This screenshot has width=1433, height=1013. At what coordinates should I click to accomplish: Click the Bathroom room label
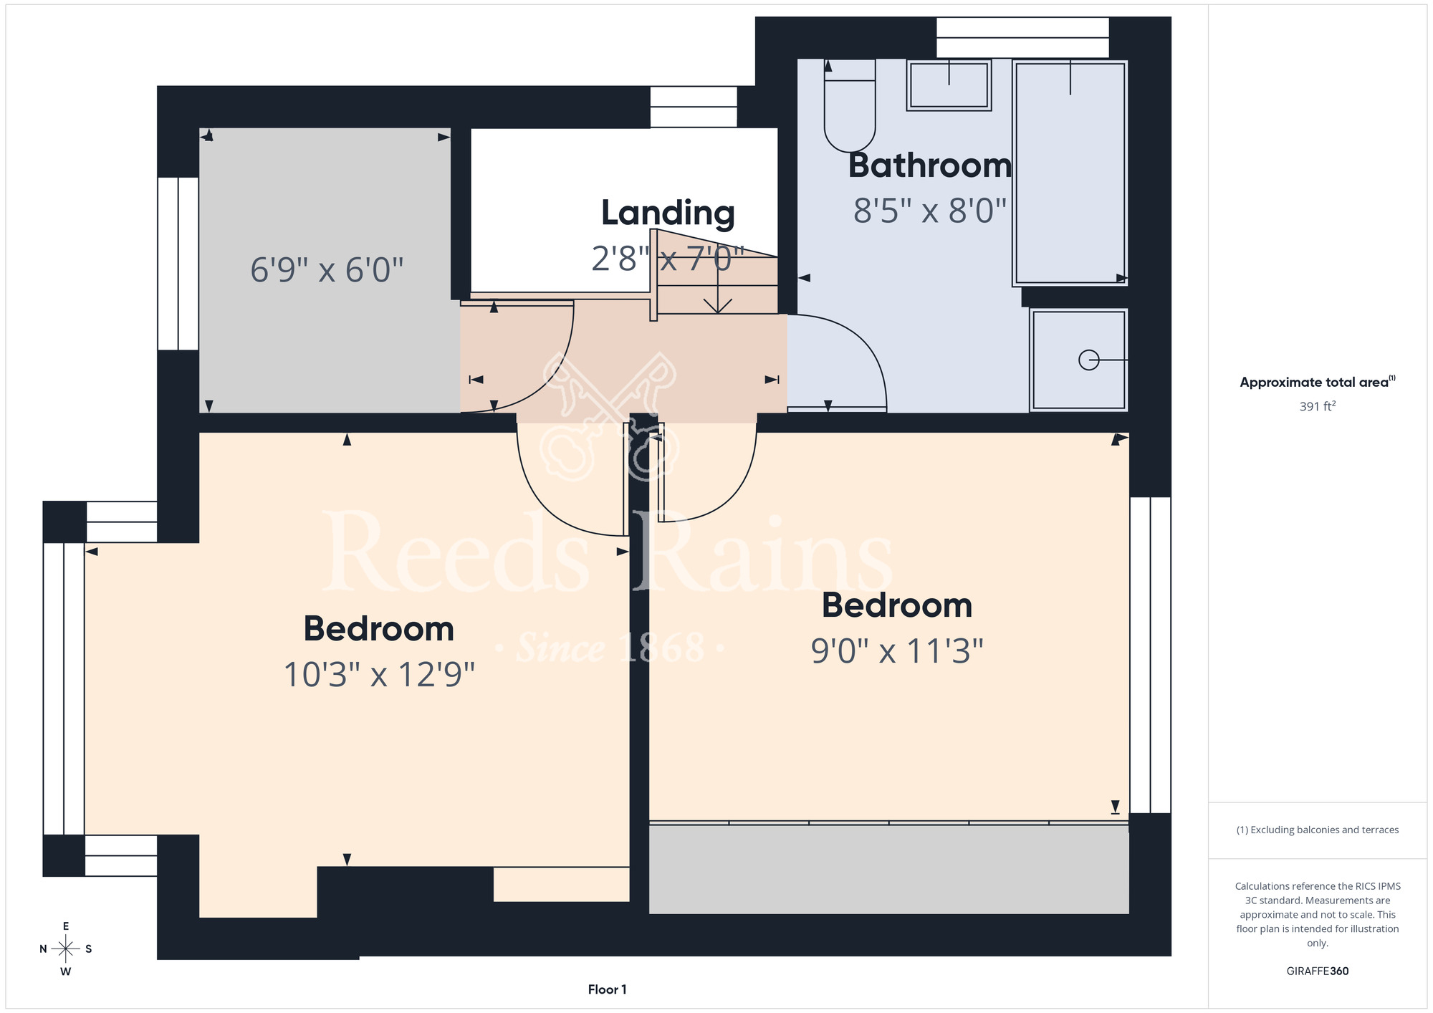click(930, 165)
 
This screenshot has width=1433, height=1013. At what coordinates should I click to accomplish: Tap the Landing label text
click(668, 213)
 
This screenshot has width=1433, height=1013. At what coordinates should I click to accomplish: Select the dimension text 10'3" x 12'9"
click(379, 675)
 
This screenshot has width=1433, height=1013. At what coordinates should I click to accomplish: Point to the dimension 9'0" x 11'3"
click(897, 651)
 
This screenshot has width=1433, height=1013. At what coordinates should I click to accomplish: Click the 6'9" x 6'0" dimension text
click(327, 270)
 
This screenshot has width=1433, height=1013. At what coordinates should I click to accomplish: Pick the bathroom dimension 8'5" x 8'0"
click(930, 211)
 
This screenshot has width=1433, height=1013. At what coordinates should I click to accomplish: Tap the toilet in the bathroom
click(850, 106)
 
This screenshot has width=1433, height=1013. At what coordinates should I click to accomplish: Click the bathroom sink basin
click(949, 85)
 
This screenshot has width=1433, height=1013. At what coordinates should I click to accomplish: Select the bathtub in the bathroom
click(1070, 173)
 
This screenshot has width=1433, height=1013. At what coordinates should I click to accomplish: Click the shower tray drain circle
click(1088, 360)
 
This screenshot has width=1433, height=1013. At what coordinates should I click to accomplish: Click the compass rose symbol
click(66, 949)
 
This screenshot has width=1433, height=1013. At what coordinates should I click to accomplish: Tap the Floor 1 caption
click(607, 989)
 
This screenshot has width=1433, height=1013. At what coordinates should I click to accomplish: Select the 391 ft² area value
click(1318, 406)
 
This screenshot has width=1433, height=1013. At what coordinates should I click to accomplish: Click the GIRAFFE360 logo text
click(1318, 971)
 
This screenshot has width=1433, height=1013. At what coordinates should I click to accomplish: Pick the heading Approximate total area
click(1318, 382)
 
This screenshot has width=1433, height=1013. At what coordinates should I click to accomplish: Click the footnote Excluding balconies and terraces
click(1318, 830)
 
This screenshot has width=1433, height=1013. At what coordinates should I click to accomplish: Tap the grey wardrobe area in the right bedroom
click(888, 870)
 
